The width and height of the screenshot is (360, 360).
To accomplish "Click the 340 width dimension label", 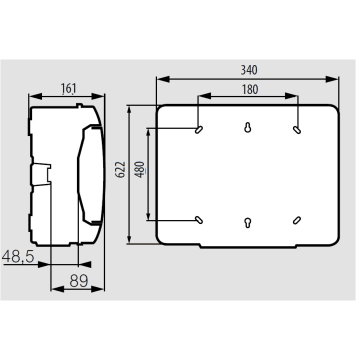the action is coord(249,70).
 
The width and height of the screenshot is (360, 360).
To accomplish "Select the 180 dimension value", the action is coord(250,89).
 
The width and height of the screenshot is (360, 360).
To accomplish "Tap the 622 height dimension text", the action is coord(121,169).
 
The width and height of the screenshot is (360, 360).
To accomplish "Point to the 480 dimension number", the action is coord(140,169).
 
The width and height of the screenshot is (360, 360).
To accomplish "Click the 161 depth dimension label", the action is coord(68,88).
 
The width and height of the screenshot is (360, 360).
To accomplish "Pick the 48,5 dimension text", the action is coord(18,257).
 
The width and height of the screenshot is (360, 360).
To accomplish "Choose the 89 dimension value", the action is coord(79,281).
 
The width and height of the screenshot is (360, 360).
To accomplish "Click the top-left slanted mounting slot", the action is coord(199,130).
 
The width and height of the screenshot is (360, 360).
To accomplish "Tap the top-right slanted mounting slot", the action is coord(297,130).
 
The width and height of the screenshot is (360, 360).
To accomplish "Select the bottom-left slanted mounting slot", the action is coord(199,220).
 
